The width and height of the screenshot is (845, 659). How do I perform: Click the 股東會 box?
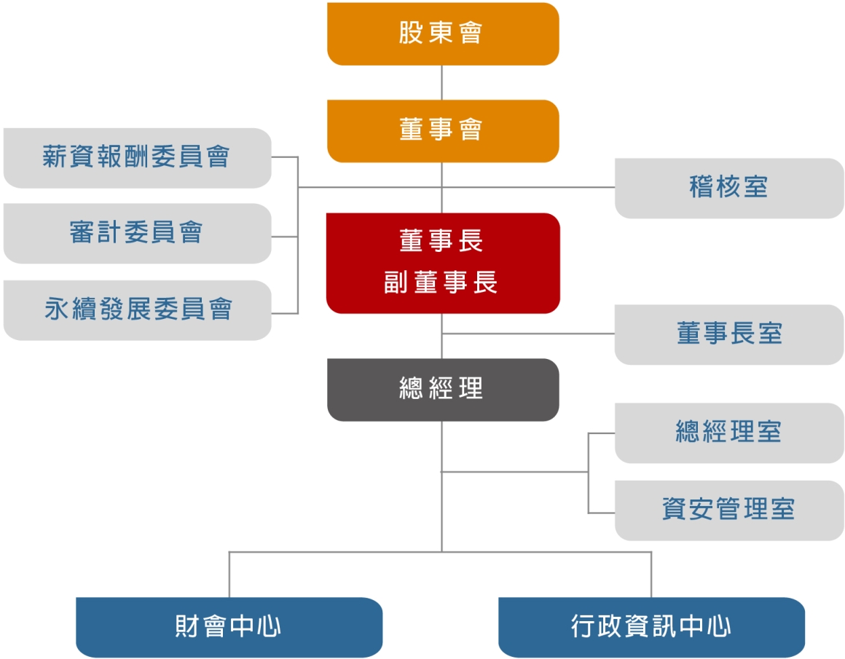tap(443, 34)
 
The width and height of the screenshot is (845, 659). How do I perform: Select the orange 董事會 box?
tap(443, 131)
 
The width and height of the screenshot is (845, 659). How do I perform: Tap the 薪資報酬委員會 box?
tap(138, 158)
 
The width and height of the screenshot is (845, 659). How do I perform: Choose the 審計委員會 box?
tap(138, 233)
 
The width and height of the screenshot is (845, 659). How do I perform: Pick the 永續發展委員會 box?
tap(138, 309)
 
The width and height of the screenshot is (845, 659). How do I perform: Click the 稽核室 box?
tap(729, 188)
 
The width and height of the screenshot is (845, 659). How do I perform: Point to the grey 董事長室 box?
tap(729, 335)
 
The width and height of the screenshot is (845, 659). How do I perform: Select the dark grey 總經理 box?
tap(443, 390)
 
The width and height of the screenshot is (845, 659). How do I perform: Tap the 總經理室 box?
tap(729, 433)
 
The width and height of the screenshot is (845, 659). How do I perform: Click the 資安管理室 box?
tap(729, 510)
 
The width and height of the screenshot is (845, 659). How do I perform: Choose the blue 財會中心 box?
tap(229, 627)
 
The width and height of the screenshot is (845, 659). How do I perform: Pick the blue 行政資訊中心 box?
tap(651, 627)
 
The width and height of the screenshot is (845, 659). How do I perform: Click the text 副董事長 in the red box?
tap(440, 283)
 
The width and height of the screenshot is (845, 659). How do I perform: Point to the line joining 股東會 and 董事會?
tap(442, 83)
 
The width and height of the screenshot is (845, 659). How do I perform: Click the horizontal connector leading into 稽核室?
tap(529, 188)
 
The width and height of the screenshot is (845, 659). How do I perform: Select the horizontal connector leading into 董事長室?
tap(529, 334)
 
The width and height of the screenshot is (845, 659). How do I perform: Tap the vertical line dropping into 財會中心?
tap(229, 575)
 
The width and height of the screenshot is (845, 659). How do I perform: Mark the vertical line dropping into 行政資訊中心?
tap(651, 575)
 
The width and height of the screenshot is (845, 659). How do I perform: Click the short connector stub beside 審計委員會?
tap(285, 237)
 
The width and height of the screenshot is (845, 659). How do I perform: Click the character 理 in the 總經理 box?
tap(471, 389)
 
